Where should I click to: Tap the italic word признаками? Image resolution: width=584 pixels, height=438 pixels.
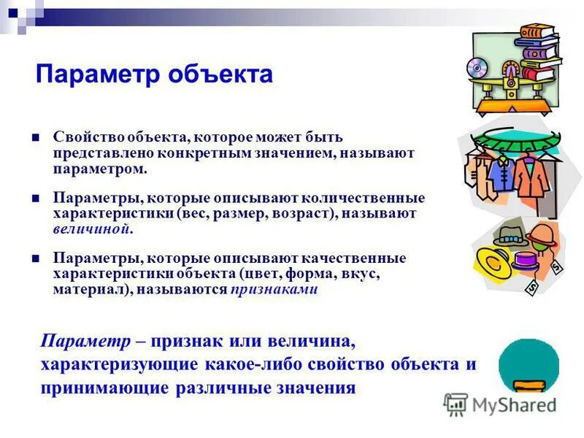(x=274, y=288)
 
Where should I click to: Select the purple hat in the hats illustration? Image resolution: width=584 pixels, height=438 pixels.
(x=525, y=261)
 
